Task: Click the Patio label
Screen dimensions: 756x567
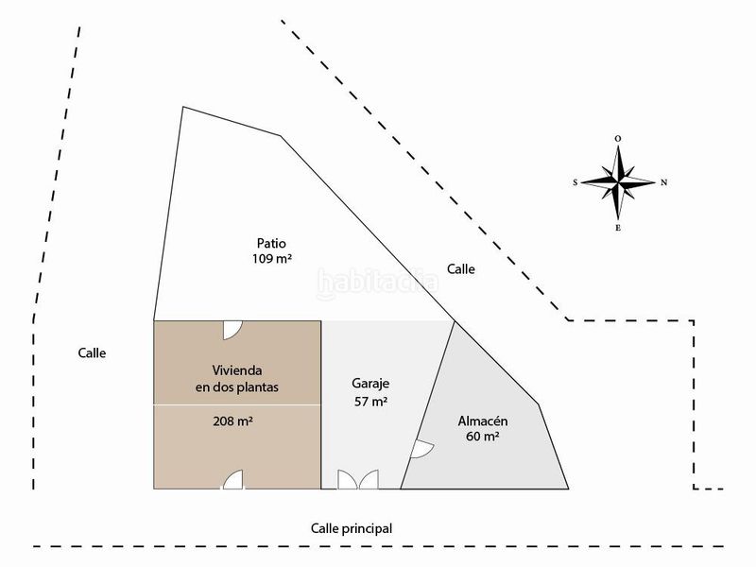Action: (271, 243)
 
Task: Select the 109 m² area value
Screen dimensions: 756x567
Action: (272, 259)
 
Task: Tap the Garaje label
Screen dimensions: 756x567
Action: (370, 385)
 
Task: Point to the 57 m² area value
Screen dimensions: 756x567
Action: (370, 401)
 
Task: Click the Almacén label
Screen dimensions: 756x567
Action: (483, 421)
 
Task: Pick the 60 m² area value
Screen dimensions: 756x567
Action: (483, 437)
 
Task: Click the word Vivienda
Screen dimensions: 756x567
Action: (237, 370)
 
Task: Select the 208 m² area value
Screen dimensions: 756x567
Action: (233, 421)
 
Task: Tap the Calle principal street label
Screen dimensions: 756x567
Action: (352, 528)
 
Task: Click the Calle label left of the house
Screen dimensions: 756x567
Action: (92, 352)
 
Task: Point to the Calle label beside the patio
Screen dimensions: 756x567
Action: (461, 269)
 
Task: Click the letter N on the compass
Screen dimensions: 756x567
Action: (663, 182)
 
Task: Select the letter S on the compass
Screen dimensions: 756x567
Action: (575, 182)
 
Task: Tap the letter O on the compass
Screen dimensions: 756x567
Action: (618, 139)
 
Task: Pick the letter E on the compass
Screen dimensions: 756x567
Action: (618, 228)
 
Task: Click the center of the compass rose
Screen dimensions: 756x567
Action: (618, 182)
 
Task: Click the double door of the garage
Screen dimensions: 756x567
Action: (358, 479)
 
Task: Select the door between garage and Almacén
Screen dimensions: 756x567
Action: (421, 449)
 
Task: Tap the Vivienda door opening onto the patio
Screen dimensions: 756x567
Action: (232, 330)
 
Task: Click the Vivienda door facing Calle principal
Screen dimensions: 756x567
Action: (232, 480)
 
